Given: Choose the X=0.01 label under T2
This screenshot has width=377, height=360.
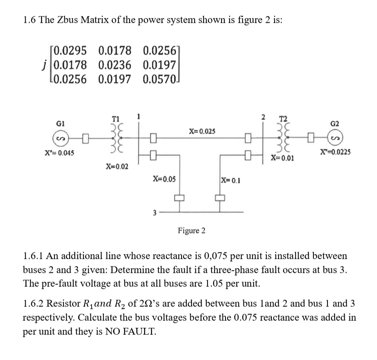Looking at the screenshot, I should pyautogui.click(x=282, y=158).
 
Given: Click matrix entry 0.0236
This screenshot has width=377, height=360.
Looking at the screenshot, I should pyautogui.click(x=114, y=65).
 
